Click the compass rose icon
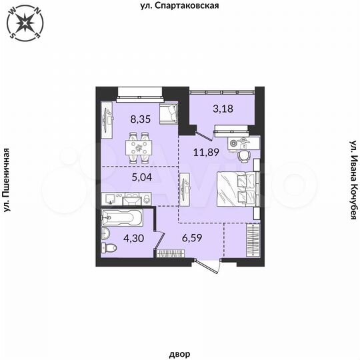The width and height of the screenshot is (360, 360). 25,24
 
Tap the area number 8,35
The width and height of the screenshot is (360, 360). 140,121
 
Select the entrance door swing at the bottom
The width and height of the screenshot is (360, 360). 213,263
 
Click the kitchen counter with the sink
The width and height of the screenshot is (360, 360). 127,198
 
